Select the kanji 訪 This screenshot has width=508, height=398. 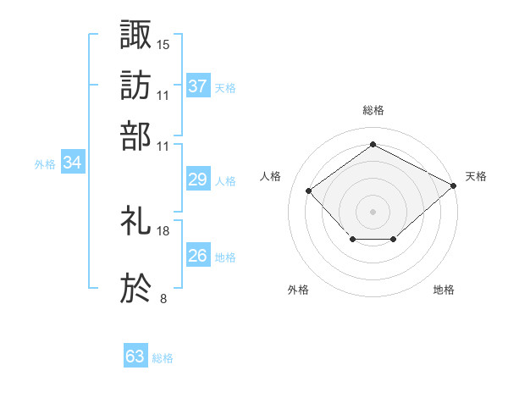coord(136,84)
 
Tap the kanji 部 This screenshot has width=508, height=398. coord(136,135)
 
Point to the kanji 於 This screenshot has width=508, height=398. coord(136,288)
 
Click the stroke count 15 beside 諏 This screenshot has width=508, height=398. coord(163,43)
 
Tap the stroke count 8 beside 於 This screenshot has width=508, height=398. coord(163,298)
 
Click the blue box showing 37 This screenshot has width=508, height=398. coord(198,86)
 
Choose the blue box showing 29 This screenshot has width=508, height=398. coord(198,180)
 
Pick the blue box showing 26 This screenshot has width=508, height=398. coord(198,256)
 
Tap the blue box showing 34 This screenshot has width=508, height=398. coord(72,163)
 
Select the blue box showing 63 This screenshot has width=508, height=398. coord(135,357)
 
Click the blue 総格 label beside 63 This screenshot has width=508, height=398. coord(163,358)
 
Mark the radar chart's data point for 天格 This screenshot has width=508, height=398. coord(455,185)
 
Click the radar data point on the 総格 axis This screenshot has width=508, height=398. coord(373,145)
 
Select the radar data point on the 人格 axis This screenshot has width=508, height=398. coord(309,191)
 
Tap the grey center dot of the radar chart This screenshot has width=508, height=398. coord(373,211)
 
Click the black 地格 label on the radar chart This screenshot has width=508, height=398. coord(444,290)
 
